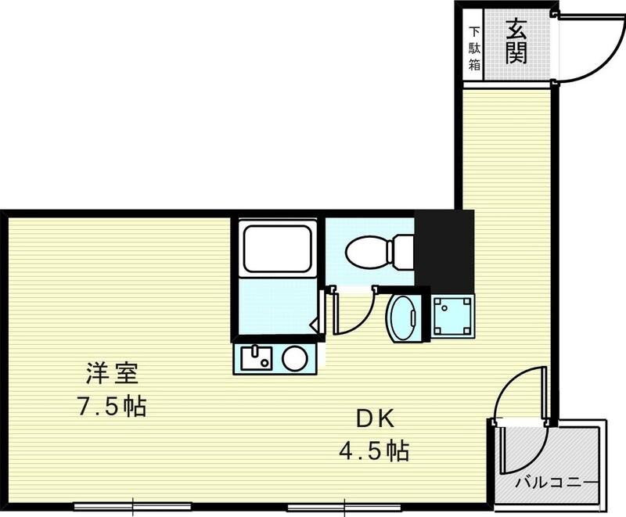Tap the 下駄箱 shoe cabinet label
click(474, 48)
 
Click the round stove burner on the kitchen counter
click(295, 359)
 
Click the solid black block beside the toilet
click(444, 249)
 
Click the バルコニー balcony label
click(557, 482)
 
